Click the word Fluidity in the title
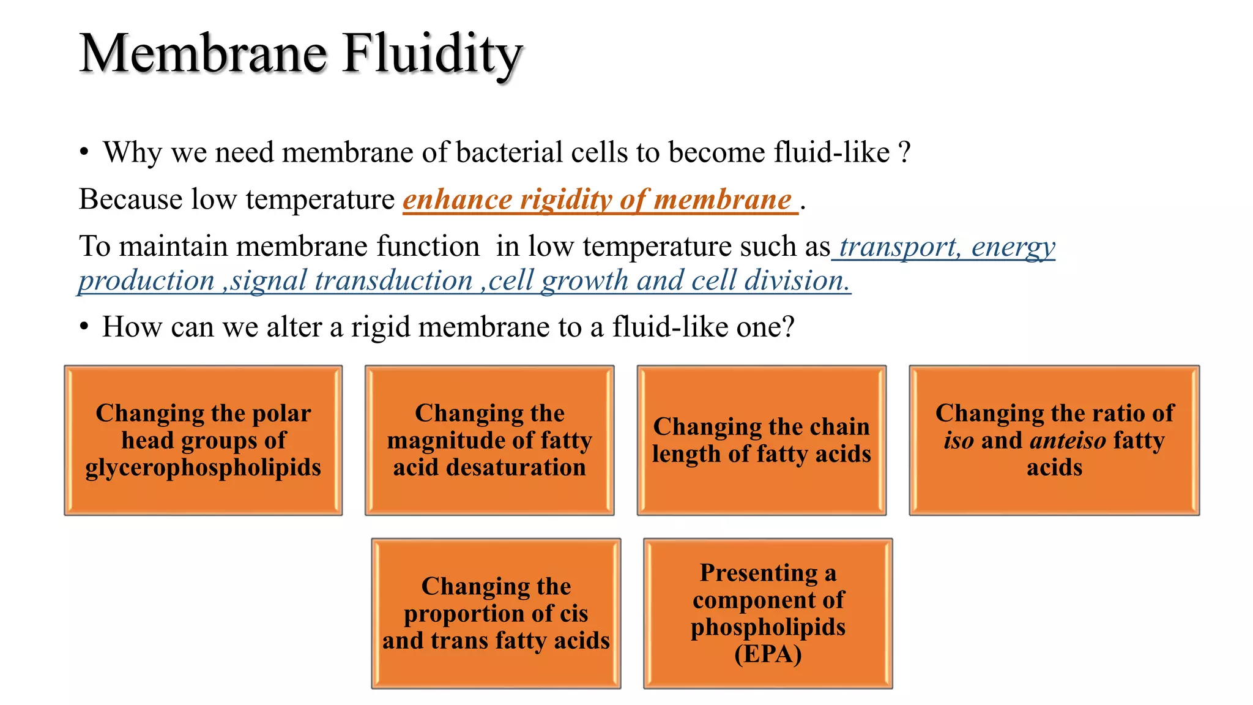(432, 54)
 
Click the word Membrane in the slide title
(203, 54)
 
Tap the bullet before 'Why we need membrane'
(84, 152)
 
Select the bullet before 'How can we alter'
(84, 327)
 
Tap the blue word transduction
(394, 281)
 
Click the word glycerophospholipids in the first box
(203, 468)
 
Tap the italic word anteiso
(1068, 441)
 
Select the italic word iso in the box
(958, 441)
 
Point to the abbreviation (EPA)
(768, 654)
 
